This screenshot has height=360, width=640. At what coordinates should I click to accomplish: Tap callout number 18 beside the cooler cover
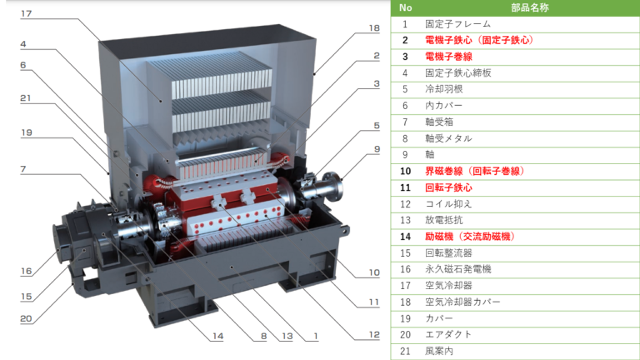(x=374, y=27)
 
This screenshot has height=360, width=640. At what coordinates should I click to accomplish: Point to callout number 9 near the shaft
(x=377, y=150)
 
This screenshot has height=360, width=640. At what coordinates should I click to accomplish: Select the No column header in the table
(x=405, y=7)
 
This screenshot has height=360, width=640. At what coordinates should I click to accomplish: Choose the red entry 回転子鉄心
(x=448, y=187)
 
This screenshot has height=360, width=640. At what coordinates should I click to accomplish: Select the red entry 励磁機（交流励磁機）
(x=469, y=237)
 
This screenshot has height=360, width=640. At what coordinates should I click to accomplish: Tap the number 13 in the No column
(x=405, y=220)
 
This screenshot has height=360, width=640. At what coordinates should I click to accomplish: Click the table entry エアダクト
(x=448, y=334)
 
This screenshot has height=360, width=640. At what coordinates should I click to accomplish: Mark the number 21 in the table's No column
(x=405, y=351)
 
